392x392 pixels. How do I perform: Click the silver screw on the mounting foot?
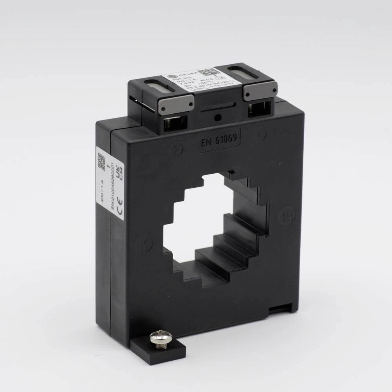[160, 338]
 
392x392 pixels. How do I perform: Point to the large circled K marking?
[143, 245]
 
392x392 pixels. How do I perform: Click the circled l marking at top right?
[260, 135]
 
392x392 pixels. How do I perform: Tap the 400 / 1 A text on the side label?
[102, 190]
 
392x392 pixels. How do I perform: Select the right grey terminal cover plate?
[260, 91]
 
